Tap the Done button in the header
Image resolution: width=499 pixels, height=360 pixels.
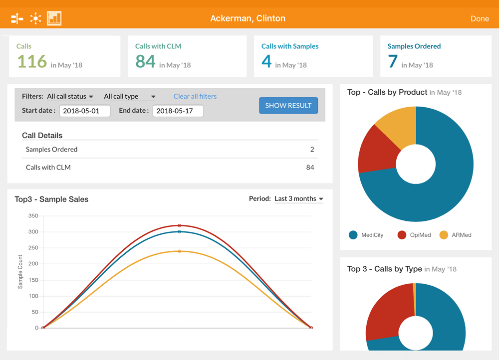(480, 18)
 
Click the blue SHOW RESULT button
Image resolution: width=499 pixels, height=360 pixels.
(288, 105)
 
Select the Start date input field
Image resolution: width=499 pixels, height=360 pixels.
(85, 111)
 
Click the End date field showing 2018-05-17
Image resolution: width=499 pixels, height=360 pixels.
(178, 111)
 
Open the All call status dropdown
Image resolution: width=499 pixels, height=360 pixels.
(70, 96)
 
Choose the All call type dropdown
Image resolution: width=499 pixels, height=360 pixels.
(129, 96)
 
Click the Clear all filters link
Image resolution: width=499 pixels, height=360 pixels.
(195, 96)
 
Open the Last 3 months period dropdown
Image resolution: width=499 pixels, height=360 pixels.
(298, 198)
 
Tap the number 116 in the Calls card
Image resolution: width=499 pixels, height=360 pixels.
(32, 61)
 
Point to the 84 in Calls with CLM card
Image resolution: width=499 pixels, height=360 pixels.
(145, 61)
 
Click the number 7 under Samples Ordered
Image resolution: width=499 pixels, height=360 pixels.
(393, 61)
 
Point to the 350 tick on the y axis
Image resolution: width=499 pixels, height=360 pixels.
(33, 216)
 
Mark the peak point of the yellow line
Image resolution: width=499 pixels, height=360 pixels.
(179, 251)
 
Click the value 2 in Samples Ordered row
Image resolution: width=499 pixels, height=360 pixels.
(312, 149)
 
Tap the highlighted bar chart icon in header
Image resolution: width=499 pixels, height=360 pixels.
(54, 18)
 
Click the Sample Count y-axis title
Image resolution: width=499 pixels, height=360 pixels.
(20, 272)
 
